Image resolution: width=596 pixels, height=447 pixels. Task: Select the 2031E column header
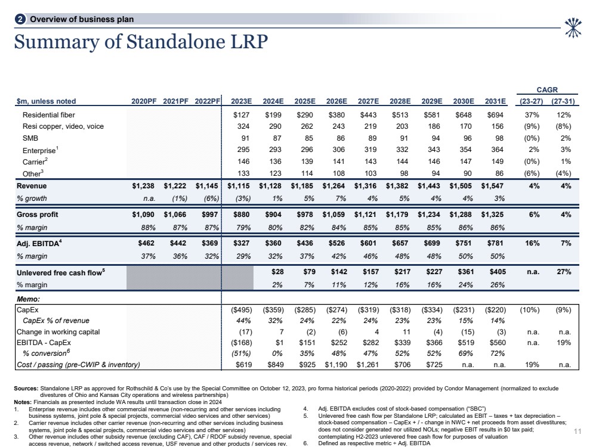tap(494, 101)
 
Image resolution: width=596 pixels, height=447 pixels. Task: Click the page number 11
tap(577, 431)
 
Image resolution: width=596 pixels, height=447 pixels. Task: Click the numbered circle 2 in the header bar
tap(21, 20)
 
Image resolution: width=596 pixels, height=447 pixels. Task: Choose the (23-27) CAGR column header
tap(527, 101)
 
